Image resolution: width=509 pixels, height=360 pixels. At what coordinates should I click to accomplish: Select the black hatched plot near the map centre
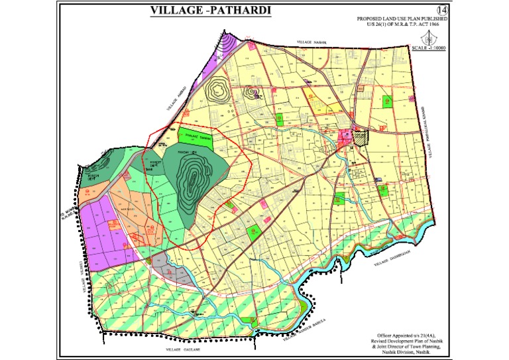click(360, 137)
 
